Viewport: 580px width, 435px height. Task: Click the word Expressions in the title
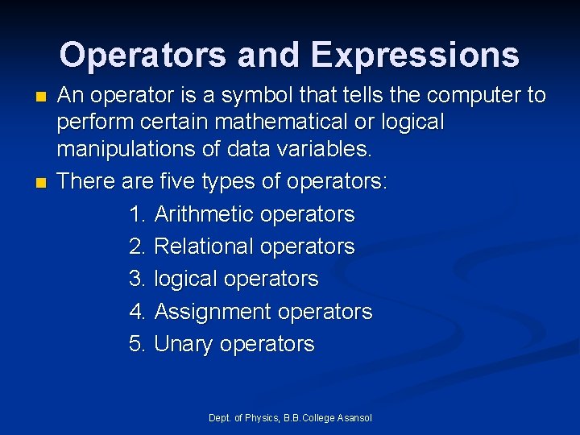click(415, 55)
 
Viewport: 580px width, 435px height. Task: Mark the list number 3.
click(136, 280)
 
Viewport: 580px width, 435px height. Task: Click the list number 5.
click(136, 345)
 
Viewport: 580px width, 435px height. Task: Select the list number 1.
click(136, 214)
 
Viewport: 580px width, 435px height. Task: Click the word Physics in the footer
click(262, 418)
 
